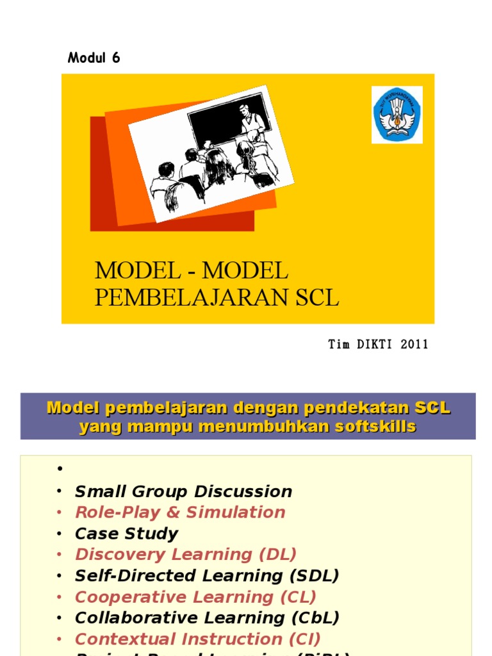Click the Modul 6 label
coord(94,58)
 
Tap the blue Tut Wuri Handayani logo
coord(397,115)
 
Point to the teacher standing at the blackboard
coord(251,122)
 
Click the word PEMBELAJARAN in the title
coord(190,298)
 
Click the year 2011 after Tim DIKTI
coord(414,345)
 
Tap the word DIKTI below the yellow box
coord(373,345)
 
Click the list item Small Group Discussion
coord(183,492)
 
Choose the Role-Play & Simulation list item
coord(180,512)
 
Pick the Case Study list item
coord(126,534)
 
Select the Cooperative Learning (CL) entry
coord(195,597)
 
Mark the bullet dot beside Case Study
coord(59,534)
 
